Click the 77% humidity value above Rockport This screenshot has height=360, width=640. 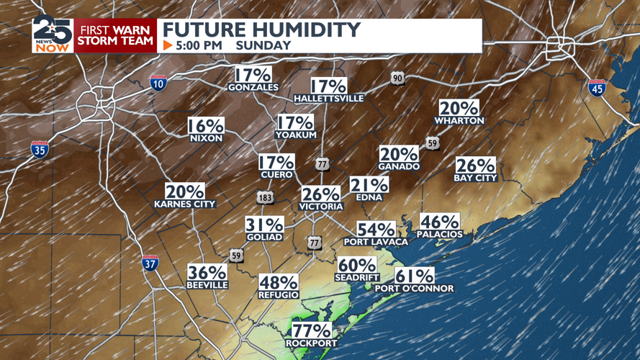(x=311, y=331)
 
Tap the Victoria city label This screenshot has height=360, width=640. (x=321, y=207)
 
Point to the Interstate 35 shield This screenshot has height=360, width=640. (x=40, y=149)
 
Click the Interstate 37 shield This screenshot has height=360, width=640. (x=150, y=263)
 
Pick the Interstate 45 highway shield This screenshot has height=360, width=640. (x=596, y=88)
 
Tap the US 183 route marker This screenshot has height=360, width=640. (x=265, y=197)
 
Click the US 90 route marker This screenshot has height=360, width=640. (x=397, y=78)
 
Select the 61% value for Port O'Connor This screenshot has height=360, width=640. (x=415, y=276)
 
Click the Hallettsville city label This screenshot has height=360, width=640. (x=329, y=98)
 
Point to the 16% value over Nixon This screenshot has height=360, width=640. (x=206, y=126)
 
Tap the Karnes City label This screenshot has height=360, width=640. (x=185, y=204)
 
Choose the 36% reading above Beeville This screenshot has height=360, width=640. (x=207, y=273)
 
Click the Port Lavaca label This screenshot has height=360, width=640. (x=376, y=242)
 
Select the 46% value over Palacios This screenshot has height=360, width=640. (x=439, y=222)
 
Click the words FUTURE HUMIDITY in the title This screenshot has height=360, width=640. (x=261, y=30)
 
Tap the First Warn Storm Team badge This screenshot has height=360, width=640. (x=115, y=35)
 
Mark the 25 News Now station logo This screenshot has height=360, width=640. (x=52, y=34)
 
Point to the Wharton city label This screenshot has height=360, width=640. (x=459, y=121)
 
